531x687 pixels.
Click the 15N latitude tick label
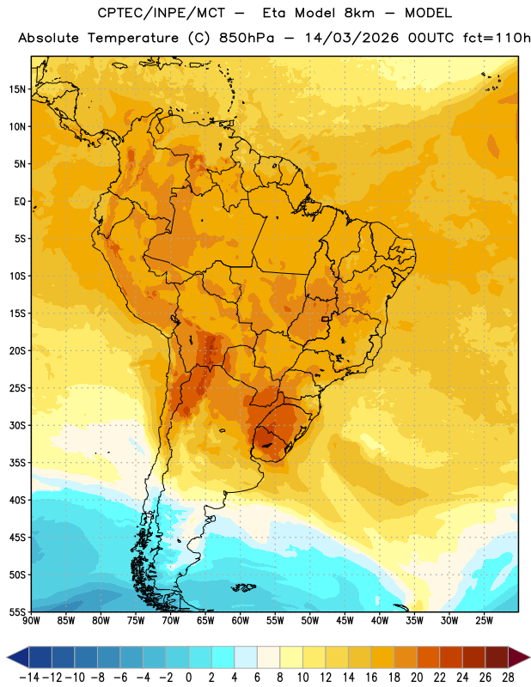pyautogui.click(x=17, y=89)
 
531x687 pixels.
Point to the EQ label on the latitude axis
pyautogui.click(x=20, y=202)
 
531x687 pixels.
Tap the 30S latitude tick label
pyautogui.click(x=17, y=425)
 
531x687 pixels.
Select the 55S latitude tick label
pyautogui.click(x=17, y=612)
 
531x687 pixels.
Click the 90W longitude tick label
pyautogui.click(x=31, y=620)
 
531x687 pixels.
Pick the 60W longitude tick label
pyautogui.click(x=241, y=620)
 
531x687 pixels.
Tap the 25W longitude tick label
pyautogui.click(x=484, y=620)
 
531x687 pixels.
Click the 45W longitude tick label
pyautogui.click(x=345, y=620)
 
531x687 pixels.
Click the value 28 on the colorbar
pyautogui.click(x=508, y=678)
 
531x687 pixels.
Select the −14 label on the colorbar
pyautogui.click(x=29, y=678)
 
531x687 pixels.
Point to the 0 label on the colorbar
pyautogui.click(x=189, y=678)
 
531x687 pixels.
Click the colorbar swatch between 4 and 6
pyautogui.click(x=246, y=657)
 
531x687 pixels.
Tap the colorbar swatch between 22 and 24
pyautogui.click(x=451, y=657)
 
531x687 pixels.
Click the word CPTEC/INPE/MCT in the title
pyautogui.click(x=162, y=13)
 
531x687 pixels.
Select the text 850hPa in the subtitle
pyautogui.click(x=247, y=38)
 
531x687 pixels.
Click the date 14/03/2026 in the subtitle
pyautogui.click(x=352, y=38)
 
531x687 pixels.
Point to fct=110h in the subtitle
pyautogui.click(x=497, y=38)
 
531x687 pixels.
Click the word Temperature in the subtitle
pyautogui.click(x=133, y=38)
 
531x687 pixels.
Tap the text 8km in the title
pyautogui.click(x=359, y=13)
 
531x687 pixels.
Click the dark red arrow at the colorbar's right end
pyautogui.click(x=518, y=657)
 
